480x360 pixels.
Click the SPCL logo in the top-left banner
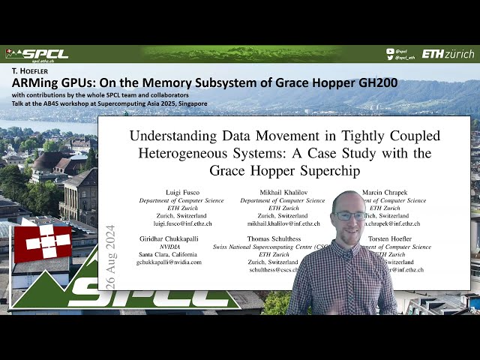pyautogui.click(x=37, y=54)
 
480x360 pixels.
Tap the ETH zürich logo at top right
pyautogui.click(x=448, y=54)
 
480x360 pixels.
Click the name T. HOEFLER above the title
pyautogui.click(x=29, y=70)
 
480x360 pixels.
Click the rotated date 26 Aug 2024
pyautogui.click(x=110, y=254)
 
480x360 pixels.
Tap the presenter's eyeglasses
pyautogui.click(x=349, y=215)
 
